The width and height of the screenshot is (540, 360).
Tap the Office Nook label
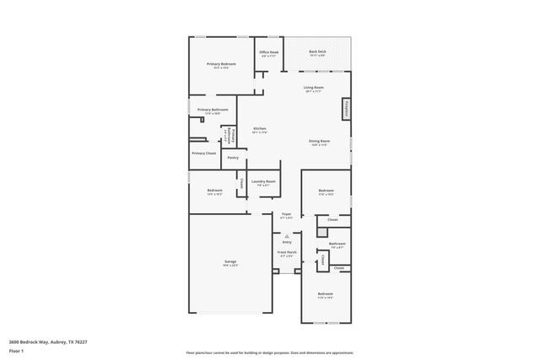tap(268, 52)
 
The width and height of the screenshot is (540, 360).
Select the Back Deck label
tap(317, 51)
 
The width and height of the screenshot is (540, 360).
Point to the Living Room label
tap(314, 87)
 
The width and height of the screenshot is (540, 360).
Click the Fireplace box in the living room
tap(346, 109)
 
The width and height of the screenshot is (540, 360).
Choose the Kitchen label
tap(260, 129)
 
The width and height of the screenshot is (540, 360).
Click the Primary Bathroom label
tap(213, 110)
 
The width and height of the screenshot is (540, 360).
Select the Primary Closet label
tap(203, 153)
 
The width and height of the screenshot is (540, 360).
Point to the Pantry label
tap(233, 158)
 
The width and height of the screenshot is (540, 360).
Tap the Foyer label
tap(287, 214)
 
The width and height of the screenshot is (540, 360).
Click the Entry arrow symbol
tap(287, 236)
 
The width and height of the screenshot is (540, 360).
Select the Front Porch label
tap(287, 251)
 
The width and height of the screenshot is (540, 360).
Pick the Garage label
tap(229, 261)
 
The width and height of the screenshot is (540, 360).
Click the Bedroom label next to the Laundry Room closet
tap(214, 191)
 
